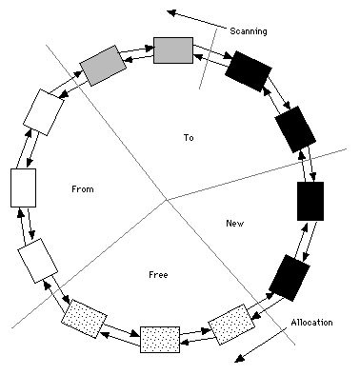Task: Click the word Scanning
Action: coord(249,31)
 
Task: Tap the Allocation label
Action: coord(311,323)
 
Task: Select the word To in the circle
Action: coord(189,138)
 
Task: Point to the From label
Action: coord(83,189)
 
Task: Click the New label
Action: coord(235,224)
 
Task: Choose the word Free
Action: coord(158,274)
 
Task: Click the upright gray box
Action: coord(173,50)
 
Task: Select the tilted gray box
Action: coord(103,66)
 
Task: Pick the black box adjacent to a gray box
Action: coord(249,71)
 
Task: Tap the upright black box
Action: coord(310,201)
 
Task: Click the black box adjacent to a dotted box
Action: coord(290,278)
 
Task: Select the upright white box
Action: coord(23,187)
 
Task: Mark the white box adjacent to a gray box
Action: coord(44,112)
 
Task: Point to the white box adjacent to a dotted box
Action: coord(38,261)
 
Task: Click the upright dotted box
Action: coord(160,340)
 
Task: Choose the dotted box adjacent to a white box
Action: coord(84,319)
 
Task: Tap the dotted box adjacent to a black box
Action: coord(231,325)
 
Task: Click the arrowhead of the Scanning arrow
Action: coord(171,12)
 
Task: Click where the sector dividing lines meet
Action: coord(167,200)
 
